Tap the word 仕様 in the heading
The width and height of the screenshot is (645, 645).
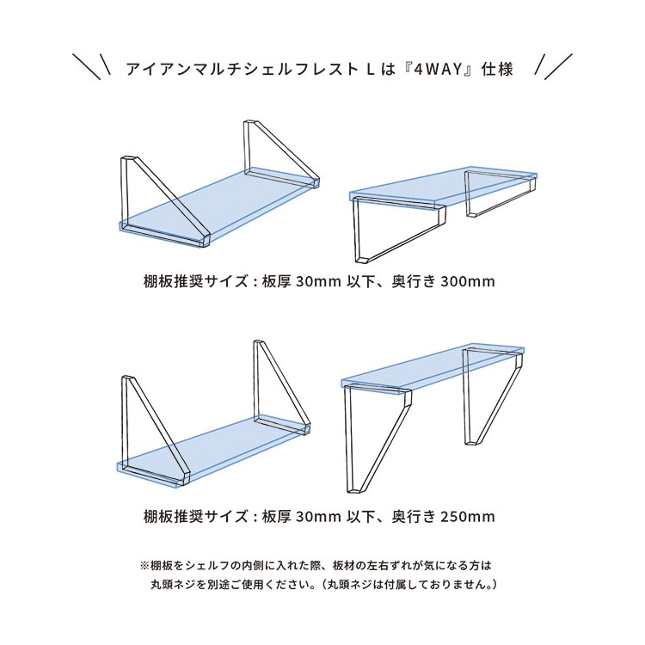tap(498, 69)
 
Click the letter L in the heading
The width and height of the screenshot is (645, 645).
tap(371, 69)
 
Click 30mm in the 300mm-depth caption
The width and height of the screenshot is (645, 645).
tap(318, 281)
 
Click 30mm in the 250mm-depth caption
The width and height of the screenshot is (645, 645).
tap(318, 516)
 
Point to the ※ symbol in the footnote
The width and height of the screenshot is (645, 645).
tap(145, 566)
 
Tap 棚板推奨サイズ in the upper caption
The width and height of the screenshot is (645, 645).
tap(196, 281)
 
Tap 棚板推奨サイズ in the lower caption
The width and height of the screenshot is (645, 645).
tap(196, 516)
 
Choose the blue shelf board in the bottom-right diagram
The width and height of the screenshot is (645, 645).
tap(433, 369)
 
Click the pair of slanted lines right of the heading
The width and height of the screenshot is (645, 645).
tap(553, 66)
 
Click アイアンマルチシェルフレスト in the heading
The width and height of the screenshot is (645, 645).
tap(242, 69)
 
